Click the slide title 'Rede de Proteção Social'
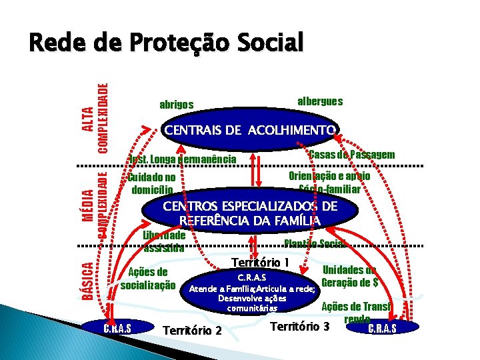click(165, 43)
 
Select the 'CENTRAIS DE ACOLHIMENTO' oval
click(251, 129)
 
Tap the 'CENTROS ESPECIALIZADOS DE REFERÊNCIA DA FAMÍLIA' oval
click(249, 213)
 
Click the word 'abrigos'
click(177, 105)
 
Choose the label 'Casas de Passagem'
click(352, 155)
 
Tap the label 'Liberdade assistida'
click(164, 241)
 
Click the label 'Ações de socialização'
click(148, 279)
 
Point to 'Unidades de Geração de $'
click(349, 276)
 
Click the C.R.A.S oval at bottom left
click(117, 327)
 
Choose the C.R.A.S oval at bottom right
click(382, 327)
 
